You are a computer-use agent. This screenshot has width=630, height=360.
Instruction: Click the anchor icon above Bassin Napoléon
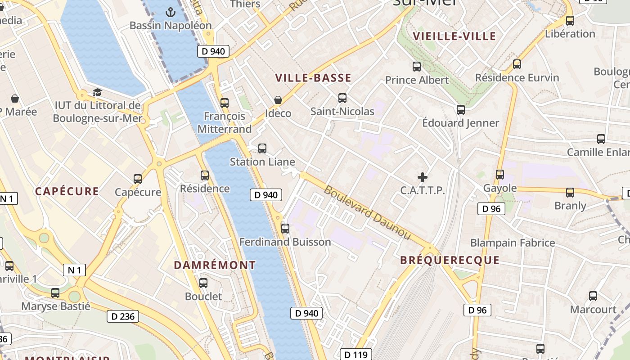[170, 12]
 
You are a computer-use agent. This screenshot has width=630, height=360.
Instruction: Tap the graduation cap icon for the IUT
[97, 93]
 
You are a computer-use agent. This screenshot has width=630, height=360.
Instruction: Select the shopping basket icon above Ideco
[278, 99]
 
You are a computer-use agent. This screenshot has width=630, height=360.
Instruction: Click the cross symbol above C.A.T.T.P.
[423, 177]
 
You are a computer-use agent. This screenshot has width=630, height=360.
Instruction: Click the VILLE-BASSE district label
[313, 78]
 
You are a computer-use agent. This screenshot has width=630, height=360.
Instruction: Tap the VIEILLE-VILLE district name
[454, 36]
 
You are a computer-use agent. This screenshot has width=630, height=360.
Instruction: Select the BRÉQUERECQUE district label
[450, 260]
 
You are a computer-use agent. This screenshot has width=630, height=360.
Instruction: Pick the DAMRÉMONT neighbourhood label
[215, 265]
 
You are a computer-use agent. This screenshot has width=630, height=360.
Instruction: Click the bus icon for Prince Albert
[417, 67]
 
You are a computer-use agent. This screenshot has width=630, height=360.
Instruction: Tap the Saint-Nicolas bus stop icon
[342, 98]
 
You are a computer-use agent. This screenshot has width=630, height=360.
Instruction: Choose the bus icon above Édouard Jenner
[461, 109]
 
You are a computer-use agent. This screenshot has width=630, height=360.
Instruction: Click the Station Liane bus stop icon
[262, 148]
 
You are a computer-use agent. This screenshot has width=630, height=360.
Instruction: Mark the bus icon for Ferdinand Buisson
[285, 228]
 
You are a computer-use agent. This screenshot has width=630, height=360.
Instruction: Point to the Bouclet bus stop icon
[203, 283]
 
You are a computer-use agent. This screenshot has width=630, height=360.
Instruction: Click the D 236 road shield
[123, 316]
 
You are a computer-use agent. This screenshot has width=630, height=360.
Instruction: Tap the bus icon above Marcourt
[593, 296]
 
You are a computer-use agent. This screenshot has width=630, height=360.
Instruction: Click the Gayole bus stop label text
[499, 188]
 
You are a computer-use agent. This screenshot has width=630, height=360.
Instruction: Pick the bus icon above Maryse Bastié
[55, 293]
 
